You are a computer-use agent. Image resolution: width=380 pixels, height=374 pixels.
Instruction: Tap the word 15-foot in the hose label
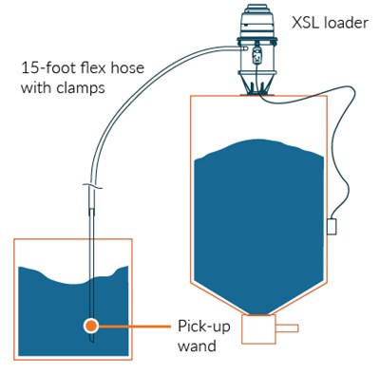click(50, 68)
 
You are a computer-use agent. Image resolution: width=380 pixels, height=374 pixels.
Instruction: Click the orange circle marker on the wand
click(90, 325)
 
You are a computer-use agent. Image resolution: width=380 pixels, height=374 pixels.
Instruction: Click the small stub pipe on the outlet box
click(286, 328)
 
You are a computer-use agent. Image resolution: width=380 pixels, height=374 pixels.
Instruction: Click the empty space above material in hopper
click(252, 119)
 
